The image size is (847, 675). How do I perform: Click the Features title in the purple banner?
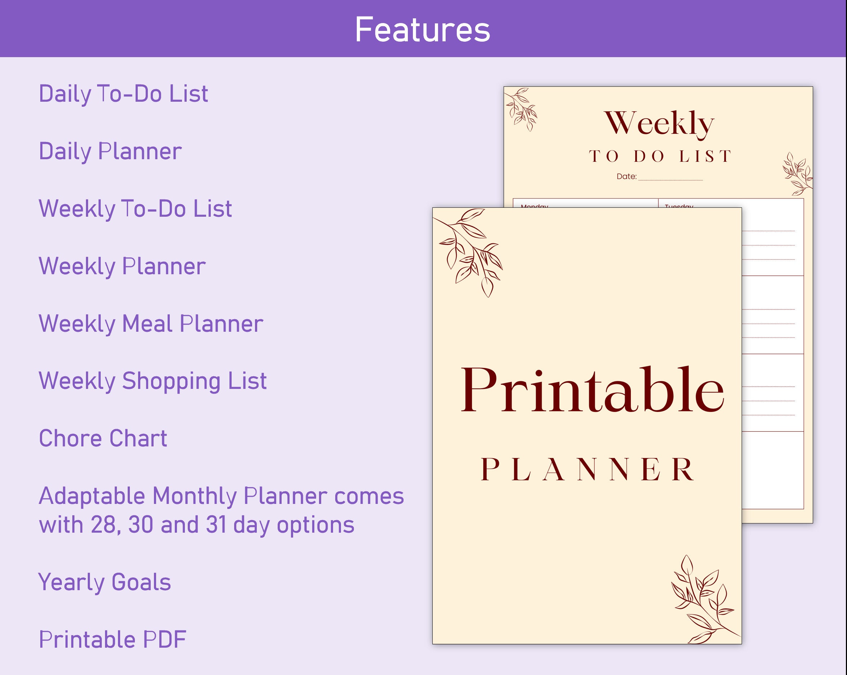[x=423, y=30]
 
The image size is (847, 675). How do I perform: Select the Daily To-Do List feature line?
[x=123, y=94]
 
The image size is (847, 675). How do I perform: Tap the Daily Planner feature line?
[x=110, y=152]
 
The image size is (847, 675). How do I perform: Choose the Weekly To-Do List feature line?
[x=135, y=209]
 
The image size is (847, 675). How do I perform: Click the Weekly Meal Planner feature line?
[x=151, y=324]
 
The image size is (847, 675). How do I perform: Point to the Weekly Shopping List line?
[x=152, y=381]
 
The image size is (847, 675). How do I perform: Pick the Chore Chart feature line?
[x=103, y=438]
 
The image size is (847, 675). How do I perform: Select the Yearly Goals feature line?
[x=105, y=582]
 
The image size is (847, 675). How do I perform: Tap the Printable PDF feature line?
[x=112, y=640]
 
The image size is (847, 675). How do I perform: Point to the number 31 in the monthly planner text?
[x=216, y=525]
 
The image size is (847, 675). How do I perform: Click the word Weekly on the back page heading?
[x=659, y=123]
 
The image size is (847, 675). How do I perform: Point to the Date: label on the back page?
[x=626, y=177]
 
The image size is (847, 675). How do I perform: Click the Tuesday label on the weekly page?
[x=678, y=205]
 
